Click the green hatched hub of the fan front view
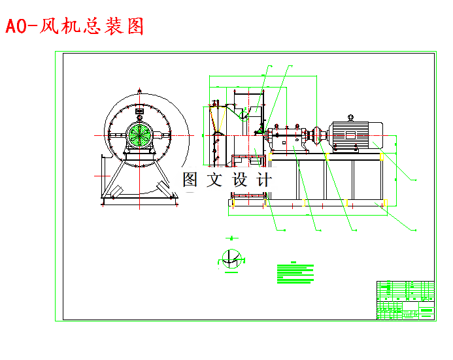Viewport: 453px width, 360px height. (139, 135)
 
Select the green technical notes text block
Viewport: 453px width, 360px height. (295, 273)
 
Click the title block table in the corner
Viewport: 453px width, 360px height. (405, 300)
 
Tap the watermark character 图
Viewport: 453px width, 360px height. (190, 180)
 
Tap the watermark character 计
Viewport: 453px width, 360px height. (264, 180)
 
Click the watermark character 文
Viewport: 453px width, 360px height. (214, 180)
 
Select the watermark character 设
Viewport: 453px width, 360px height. (240, 180)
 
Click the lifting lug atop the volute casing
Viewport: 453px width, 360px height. (139, 91)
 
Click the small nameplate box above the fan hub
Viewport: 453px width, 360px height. (139, 112)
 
